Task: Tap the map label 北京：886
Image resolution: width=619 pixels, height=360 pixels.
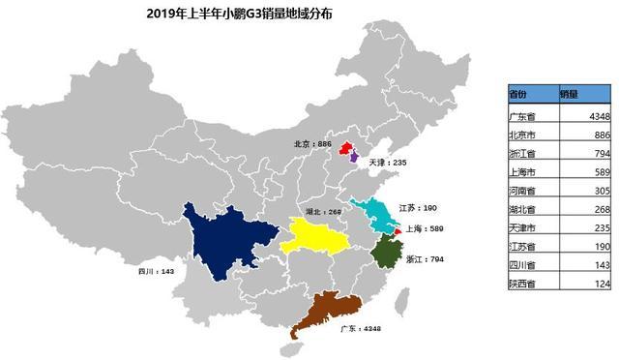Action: pos(312,143)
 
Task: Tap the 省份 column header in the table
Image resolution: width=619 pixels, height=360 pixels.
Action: pos(520,95)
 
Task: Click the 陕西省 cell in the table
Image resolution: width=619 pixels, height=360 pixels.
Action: pos(523,283)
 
